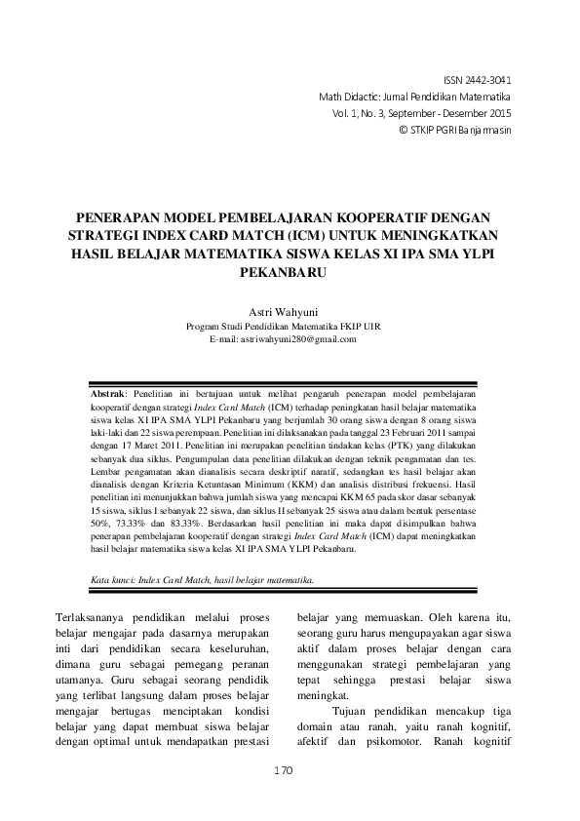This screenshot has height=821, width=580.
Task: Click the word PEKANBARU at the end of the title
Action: (x=290, y=275)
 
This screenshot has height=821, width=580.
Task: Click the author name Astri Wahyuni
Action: (x=290, y=312)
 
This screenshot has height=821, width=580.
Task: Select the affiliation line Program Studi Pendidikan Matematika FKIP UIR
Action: (x=290, y=327)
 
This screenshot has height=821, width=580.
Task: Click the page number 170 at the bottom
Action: (x=283, y=770)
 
